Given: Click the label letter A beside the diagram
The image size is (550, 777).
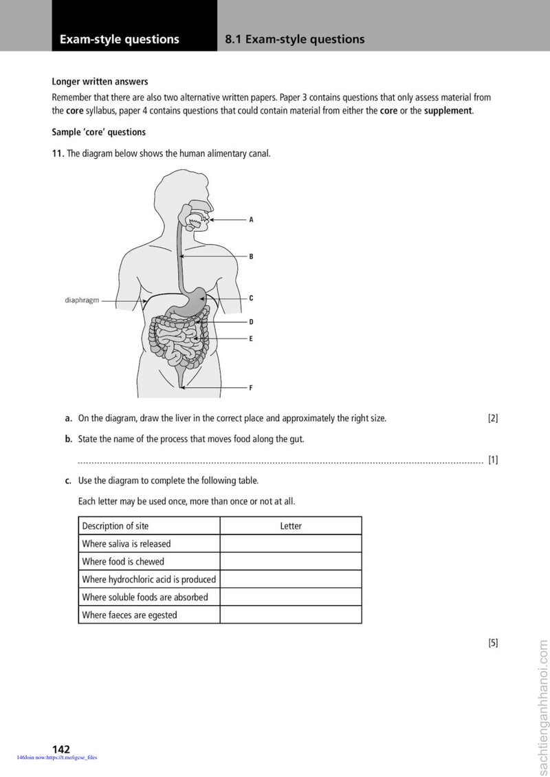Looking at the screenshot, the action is pyautogui.click(x=251, y=219).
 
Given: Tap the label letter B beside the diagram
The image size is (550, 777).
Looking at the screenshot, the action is pyautogui.click(x=251, y=256).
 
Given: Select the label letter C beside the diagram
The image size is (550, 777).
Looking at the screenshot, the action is pyautogui.click(x=251, y=298).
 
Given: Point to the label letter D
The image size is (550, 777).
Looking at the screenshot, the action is pyautogui.click(x=251, y=322).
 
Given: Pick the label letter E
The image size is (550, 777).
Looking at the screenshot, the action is pyautogui.click(x=251, y=339).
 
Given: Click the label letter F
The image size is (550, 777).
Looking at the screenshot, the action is pyautogui.click(x=251, y=388).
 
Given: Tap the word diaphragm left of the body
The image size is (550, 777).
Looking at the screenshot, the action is pyautogui.click(x=82, y=300).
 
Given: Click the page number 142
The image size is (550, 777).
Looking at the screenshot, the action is pyautogui.click(x=61, y=749).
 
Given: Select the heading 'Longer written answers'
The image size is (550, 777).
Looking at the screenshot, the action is pyautogui.click(x=100, y=82).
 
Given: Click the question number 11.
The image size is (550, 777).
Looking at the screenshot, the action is pyautogui.click(x=58, y=153).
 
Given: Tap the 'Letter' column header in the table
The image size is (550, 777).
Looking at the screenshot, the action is pyautogui.click(x=291, y=526).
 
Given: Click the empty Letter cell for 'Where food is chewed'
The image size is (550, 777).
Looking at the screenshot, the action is pyautogui.click(x=291, y=562).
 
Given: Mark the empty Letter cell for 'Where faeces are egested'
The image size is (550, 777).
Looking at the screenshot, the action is pyautogui.click(x=291, y=615).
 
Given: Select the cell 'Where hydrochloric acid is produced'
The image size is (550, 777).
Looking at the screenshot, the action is pyautogui.click(x=149, y=579).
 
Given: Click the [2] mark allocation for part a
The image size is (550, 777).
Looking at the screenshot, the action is pyautogui.click(x=493, y=418).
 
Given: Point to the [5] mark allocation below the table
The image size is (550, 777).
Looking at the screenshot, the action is pyautogui.click(x=493, y=643).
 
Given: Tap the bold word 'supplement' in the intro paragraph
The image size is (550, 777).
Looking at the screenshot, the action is pyautogui.click(x=448, y=111).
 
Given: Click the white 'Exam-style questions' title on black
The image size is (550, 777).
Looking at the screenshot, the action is pyautogui.click(x=120, y=39).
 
